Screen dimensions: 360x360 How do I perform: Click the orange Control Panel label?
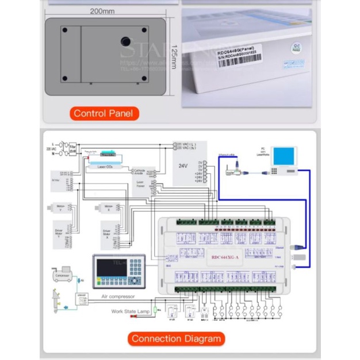(103, 113)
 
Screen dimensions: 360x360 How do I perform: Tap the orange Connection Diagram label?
(176, 338)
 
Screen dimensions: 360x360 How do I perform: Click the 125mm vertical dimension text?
(174, 56)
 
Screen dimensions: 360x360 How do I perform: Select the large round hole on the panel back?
(125, 42)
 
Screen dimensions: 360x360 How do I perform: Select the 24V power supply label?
(183, 166)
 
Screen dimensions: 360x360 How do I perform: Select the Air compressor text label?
(118, 297)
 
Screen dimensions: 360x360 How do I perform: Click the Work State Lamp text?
(129, 311)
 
